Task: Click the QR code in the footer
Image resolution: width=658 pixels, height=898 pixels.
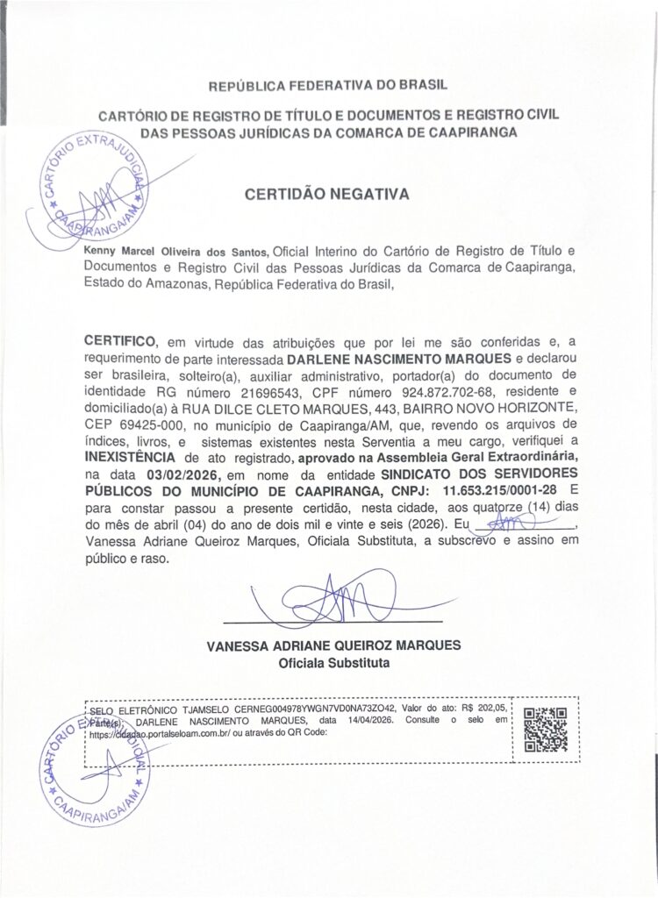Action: tap(545, 730)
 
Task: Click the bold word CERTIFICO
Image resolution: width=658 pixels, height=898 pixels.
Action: tap(119, 341)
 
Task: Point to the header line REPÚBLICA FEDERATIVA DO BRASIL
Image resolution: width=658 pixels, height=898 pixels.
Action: tap(327, 87)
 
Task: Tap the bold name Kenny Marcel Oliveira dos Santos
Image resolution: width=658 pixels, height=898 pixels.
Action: tap(176, 250)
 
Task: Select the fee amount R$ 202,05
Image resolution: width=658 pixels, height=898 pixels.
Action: tap(484, 707)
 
